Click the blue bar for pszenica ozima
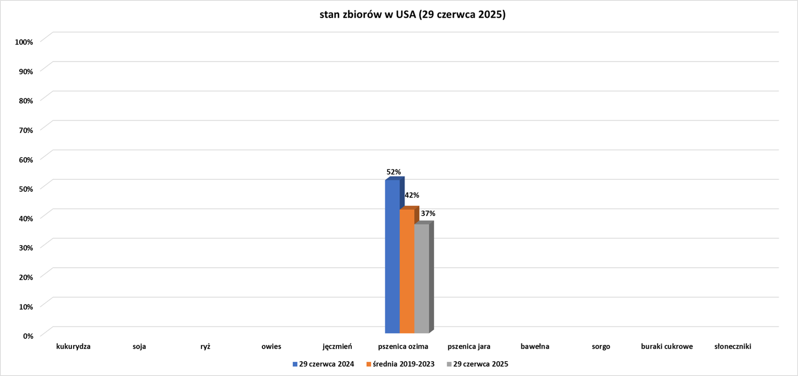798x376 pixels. coord(392,257)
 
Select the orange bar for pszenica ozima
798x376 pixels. coord(407,272)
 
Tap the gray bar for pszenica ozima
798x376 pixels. coord(422,279)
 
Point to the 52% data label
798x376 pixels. coord(394,172)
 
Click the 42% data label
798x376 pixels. coord(412,195)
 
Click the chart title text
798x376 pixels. coord(412,15)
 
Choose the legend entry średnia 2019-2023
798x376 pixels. coord(403,364)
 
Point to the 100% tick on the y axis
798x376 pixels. coord(24,42)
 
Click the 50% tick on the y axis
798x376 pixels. coord(26,189)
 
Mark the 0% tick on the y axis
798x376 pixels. coord(28,335)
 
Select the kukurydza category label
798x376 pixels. coord(73,347)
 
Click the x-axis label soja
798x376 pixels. coord(139,347)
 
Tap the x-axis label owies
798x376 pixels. coord(271,347)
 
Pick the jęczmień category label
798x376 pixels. coord(337,347)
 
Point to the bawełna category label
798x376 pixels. coord(535,347)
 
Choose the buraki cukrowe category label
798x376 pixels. coord(667,347)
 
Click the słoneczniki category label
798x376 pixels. coord(733,347)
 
